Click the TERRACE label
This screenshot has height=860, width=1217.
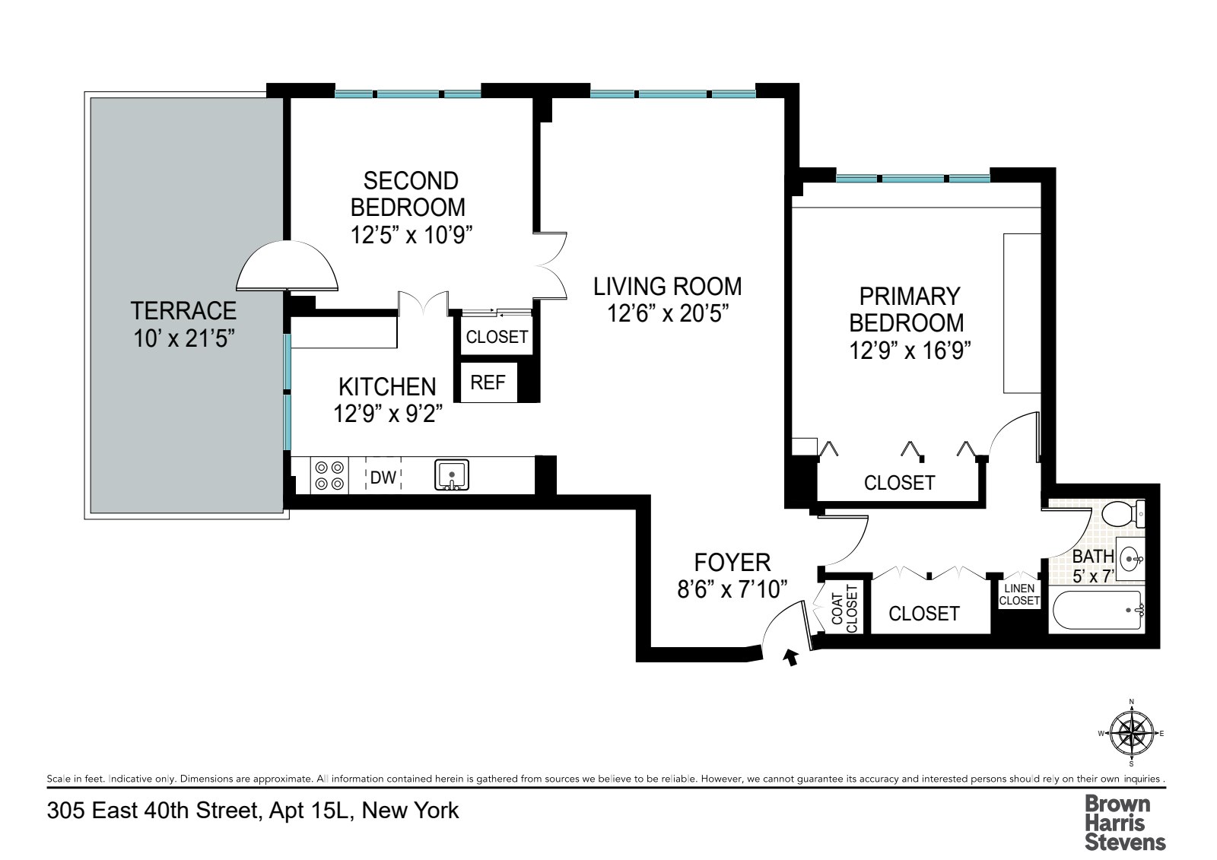183,311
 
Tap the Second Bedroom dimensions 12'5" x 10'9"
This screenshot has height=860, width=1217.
411,235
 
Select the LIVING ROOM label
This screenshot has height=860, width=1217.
668,287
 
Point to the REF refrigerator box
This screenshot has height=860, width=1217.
488,382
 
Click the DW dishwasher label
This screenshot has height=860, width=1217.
383,477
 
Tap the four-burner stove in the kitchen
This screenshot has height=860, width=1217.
329,475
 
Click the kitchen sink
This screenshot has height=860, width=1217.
452,475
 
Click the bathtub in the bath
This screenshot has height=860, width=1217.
1098,610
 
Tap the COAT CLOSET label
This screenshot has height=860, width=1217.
844,608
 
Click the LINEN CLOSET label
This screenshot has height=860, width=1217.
1019,595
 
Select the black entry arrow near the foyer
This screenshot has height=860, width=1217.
791,658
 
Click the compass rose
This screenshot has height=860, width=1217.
1132,734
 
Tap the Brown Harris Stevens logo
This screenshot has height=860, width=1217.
1125,823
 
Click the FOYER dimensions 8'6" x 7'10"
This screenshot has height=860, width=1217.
732,589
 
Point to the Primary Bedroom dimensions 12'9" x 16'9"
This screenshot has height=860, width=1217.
910,350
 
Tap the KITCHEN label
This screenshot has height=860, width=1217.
387,387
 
